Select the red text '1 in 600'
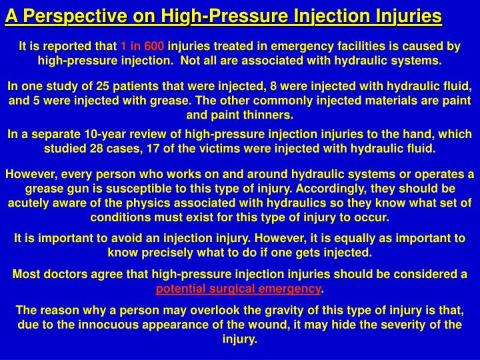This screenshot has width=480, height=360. tap(141, 47)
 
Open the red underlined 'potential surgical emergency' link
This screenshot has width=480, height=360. tap(238, 289)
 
